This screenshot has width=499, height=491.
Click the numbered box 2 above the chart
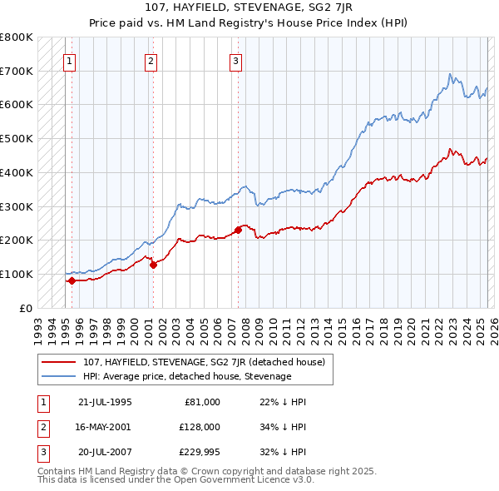(151, 60)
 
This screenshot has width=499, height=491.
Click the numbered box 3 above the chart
(236, 60)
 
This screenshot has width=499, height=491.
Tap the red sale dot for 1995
(72, 280)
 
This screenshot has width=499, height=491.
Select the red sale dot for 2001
(153, 265)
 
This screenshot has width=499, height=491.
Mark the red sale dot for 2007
(238, 230)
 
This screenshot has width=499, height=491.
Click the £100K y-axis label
(17, 274)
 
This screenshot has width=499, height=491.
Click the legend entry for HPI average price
(187, 376)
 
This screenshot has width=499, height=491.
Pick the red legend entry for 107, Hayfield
(208, 362)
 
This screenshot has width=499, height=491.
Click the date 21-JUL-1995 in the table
(105, 402)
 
